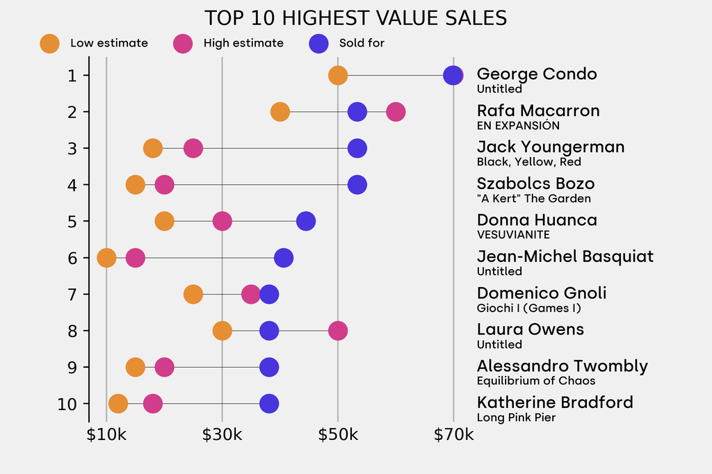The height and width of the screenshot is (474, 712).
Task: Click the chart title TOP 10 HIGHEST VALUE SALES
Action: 355,18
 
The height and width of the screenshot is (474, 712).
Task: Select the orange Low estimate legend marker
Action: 50,43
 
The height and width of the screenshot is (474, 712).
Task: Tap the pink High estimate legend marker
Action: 183,43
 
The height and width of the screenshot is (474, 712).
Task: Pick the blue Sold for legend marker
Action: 318,43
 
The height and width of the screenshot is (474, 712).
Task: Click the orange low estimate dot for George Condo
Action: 338,75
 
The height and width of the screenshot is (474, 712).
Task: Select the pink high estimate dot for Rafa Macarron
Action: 396,112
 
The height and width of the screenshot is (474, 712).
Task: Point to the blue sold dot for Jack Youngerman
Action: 357,148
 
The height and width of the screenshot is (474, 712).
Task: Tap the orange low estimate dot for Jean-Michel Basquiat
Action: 106,258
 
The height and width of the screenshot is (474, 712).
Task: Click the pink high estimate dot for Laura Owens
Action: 338,331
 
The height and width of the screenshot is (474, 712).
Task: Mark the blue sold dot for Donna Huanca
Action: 306,221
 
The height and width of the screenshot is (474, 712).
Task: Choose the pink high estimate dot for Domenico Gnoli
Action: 251,294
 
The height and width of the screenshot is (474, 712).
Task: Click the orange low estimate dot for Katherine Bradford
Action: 118,404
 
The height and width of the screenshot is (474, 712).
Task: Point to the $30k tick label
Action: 222,436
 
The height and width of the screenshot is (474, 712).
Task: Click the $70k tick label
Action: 453,436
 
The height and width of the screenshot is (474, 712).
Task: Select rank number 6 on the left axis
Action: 72,258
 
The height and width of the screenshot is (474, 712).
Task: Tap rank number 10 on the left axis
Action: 68,404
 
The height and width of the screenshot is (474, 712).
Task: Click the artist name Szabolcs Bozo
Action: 535,184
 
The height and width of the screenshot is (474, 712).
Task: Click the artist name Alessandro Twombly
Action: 562,366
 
